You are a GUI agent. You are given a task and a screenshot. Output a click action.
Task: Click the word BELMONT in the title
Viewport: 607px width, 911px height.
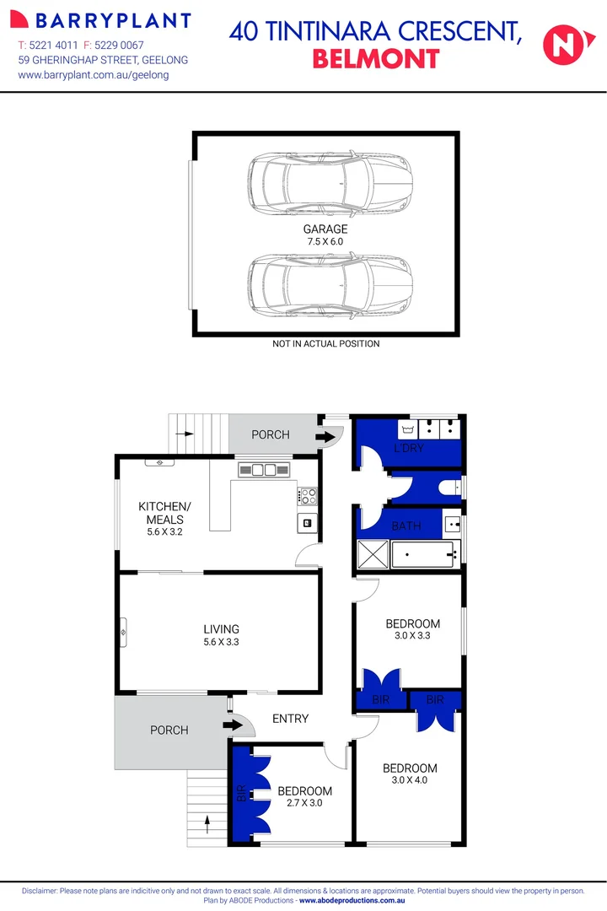[x=376, y=58]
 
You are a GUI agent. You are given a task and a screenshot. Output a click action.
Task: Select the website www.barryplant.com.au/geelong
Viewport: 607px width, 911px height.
[x=94, y=75]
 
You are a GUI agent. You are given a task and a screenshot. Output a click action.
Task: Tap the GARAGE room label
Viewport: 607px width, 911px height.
[x=325, y=229]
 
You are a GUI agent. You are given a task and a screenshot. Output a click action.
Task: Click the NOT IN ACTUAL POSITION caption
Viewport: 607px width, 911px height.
[x=325, y=343]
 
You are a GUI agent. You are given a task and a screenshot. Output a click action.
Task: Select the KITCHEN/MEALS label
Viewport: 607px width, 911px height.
[x=164, y=513]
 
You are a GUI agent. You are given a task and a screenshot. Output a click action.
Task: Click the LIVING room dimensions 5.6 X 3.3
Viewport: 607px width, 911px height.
[x=221, y=642]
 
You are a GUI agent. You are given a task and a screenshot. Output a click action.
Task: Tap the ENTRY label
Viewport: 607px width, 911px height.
[x=290, y=719]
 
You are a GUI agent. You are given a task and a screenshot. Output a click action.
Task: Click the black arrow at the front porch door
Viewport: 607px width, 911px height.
[x=229, y=724]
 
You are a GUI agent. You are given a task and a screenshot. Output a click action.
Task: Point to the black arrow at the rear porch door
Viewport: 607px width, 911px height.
[x=324, y=437]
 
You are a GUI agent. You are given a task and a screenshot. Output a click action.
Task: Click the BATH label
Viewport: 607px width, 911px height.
[x=406, y=526]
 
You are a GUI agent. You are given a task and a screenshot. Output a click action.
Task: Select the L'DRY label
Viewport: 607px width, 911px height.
[x=409, y=448]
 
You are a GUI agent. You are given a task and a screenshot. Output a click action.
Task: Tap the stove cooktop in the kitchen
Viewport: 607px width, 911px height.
[x=307, y=495]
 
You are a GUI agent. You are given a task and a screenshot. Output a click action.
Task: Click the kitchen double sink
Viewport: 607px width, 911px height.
[x=264, y=470]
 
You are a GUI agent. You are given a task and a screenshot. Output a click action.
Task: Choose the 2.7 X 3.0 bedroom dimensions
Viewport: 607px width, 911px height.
[x=305, y=803]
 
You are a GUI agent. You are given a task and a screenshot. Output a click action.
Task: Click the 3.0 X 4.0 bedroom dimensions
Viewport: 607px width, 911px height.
[x=410, y=780]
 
